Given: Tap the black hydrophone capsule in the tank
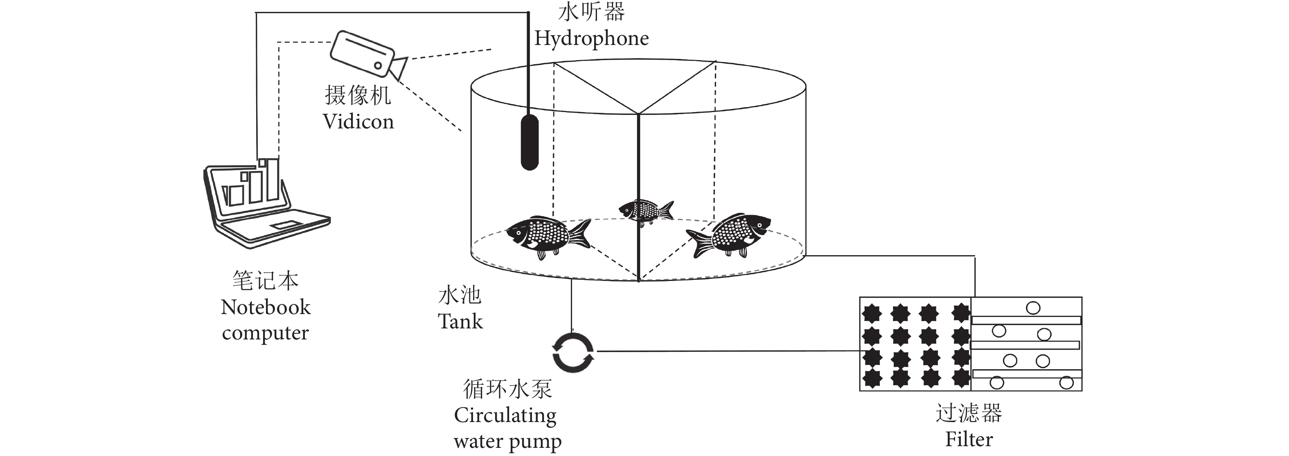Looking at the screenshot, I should click(530, 142).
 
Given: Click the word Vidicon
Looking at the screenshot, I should click(358, 121).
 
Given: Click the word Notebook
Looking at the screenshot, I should click(266, 307).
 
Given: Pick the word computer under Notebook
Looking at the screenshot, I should click(265, 333).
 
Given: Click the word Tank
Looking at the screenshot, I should click(460, 321).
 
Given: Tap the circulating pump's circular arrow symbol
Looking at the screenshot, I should click(573, 353).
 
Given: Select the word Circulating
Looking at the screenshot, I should click(505, 416).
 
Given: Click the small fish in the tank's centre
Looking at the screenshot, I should click(645, 211).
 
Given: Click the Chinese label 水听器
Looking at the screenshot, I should click(591, 12).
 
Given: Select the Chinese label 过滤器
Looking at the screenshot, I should click(969, 413).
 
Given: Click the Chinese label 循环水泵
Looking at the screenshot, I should click(507, 389).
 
